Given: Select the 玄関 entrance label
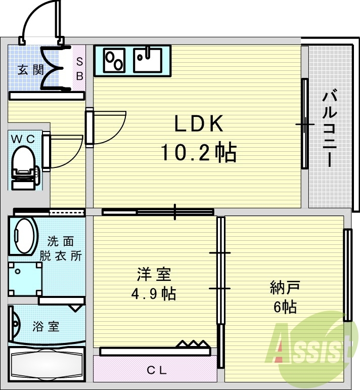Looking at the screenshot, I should pos(31,70).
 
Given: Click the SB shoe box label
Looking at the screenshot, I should pos(79,68).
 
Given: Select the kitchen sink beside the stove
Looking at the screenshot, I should pos(148,60).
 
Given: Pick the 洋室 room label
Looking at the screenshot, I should pos(154,275).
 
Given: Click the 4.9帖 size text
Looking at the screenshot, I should pos(154,293).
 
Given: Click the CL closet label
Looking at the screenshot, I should pos(157,370).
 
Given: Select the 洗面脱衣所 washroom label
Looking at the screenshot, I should pos(64,248).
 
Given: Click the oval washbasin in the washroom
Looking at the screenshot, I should pos(24,235).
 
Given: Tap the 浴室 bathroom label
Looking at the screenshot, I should pos(46,326).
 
